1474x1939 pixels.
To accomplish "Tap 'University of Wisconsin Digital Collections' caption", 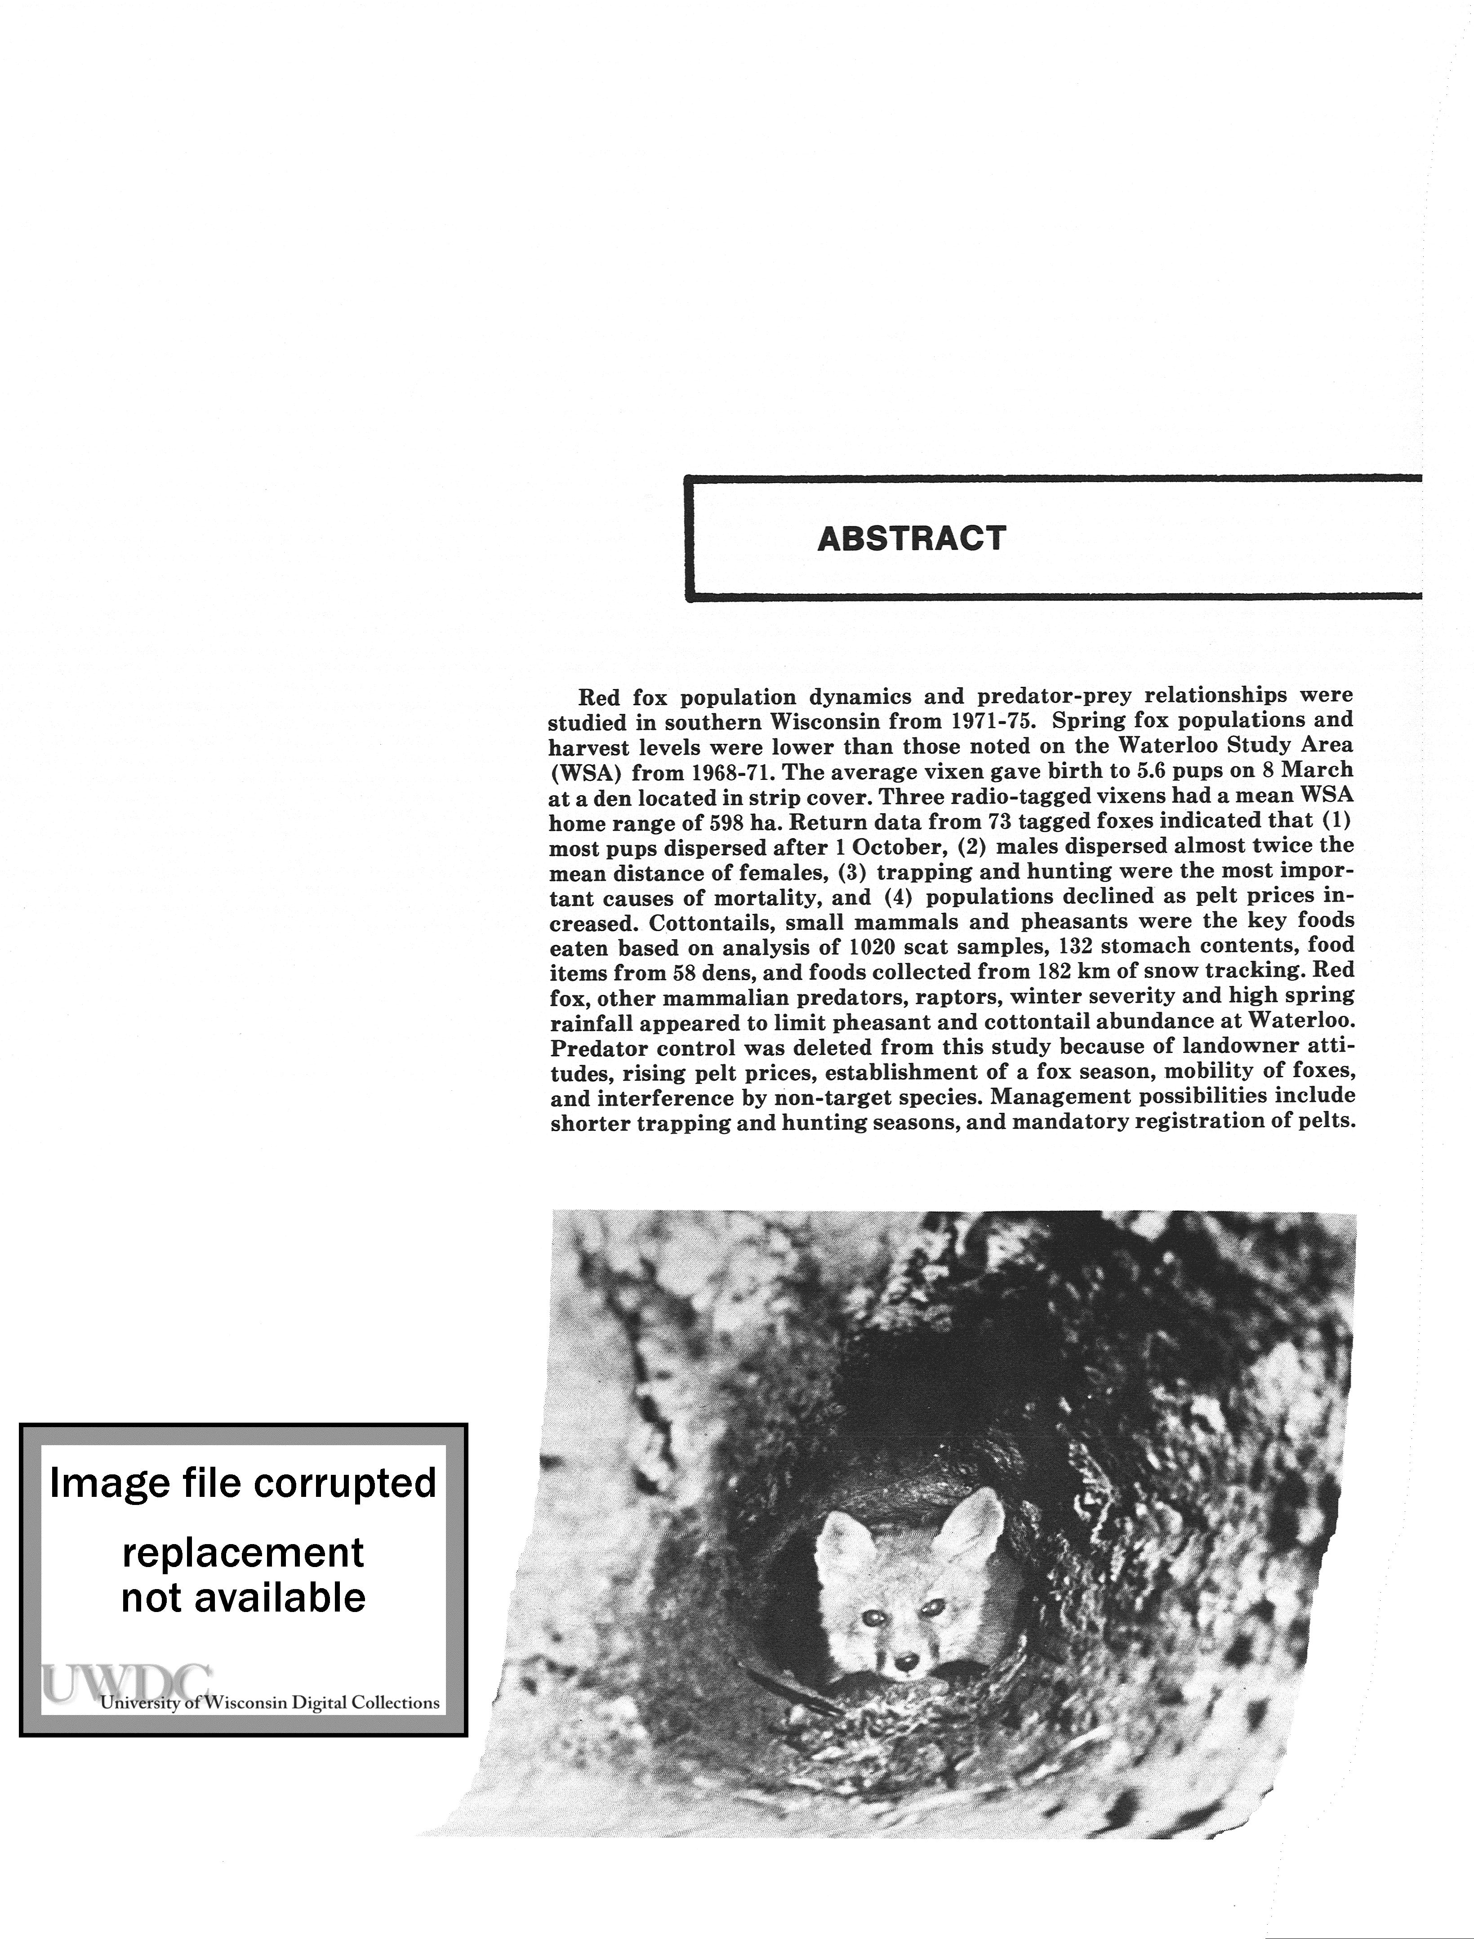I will tap(270, 1703).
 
